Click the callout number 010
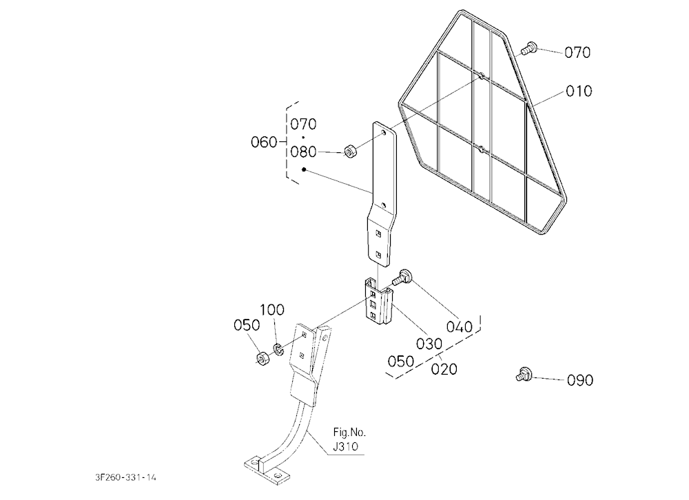coord(579,91)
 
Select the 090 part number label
coord(580,380)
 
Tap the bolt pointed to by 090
coord(524,375)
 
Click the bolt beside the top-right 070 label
coord(529,48)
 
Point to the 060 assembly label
coord(264,142)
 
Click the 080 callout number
coord(303,152)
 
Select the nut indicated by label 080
coord(350,151)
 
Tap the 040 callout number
coord(459,326)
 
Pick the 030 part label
coord(429,344)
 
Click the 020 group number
coord(444,368)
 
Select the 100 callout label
coord(272,310)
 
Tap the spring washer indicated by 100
coord(278,349)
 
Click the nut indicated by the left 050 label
coord(263,359)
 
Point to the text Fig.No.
coord(349,433)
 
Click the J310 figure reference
coord(345,447)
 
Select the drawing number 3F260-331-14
coord(125,477)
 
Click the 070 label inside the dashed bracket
coord(303,125)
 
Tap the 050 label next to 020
coord(401,361)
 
